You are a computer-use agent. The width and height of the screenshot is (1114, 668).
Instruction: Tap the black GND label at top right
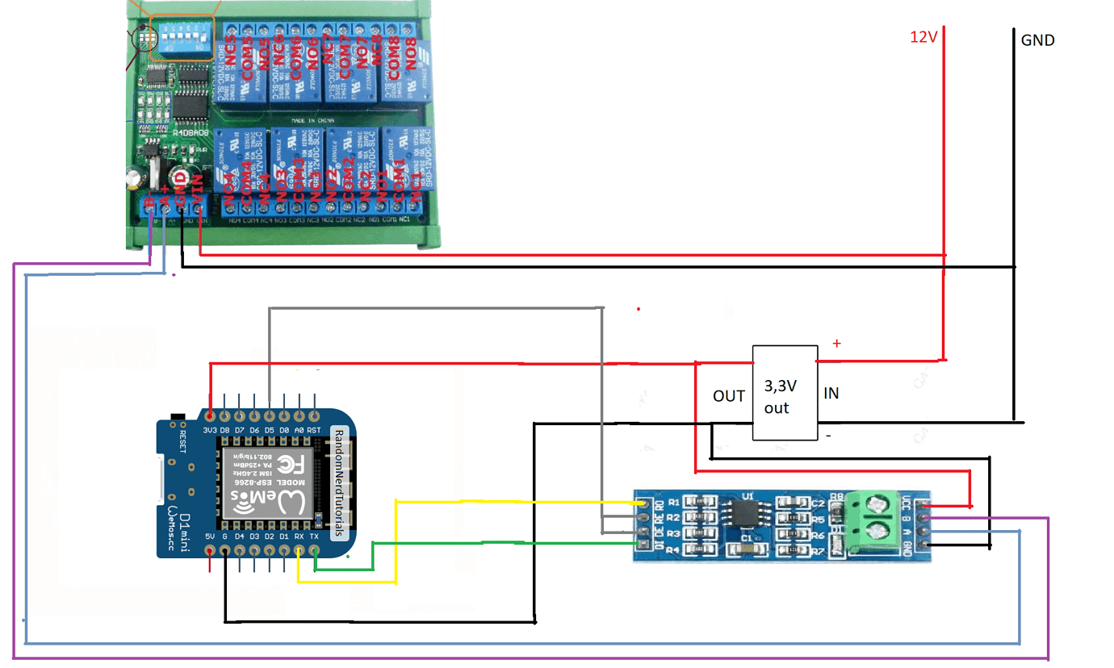click(x=1037, y=40)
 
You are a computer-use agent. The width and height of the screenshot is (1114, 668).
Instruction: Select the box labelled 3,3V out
click(x=784, y=393)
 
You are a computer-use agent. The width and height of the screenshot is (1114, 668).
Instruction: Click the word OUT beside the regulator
click(x=729, y=396)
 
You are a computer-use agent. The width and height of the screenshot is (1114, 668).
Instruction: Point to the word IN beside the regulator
click(x=831, y=394)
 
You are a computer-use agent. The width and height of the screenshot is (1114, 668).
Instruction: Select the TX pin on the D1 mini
click(x=314, y=551)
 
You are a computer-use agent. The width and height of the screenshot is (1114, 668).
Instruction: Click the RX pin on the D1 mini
click(x=299, y=551)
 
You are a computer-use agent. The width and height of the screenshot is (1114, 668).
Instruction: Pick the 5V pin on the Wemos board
click(x=210, y=551)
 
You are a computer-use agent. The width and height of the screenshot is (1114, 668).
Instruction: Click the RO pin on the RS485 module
click(x=643, y=503)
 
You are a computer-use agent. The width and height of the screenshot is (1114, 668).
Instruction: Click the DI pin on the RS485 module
click(x=643, y=547)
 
